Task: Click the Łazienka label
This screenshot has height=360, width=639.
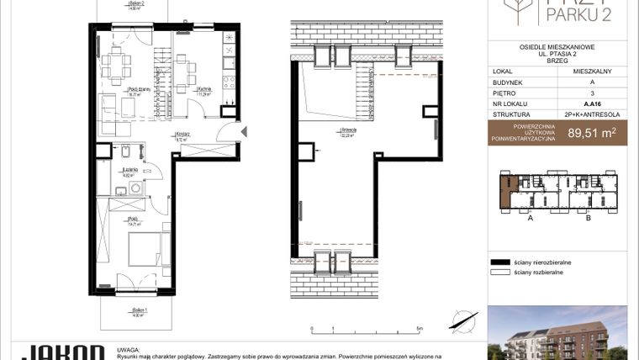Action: click(129, 172)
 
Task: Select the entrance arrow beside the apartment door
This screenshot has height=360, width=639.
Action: click(244, 131)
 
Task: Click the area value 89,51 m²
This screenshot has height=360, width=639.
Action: click(592, 131)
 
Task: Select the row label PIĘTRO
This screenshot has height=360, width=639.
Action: click(505, 94)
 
